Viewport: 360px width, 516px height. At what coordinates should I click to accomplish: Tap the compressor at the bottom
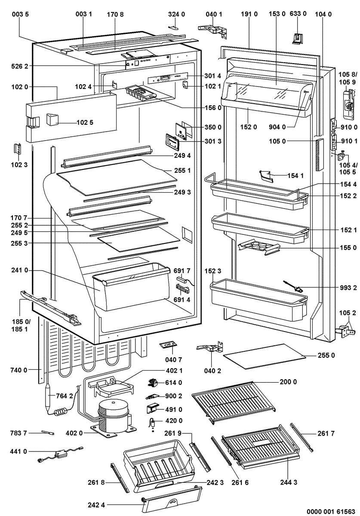pyautogui.click(x=113, y=415)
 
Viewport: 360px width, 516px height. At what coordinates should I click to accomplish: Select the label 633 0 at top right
pyautogui.click(x=298, y=14)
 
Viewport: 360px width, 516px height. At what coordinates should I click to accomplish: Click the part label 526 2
pyautogui.click(x=20, y=66)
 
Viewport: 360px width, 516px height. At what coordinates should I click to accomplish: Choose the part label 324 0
pyautogui.click(x=176, y=14)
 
